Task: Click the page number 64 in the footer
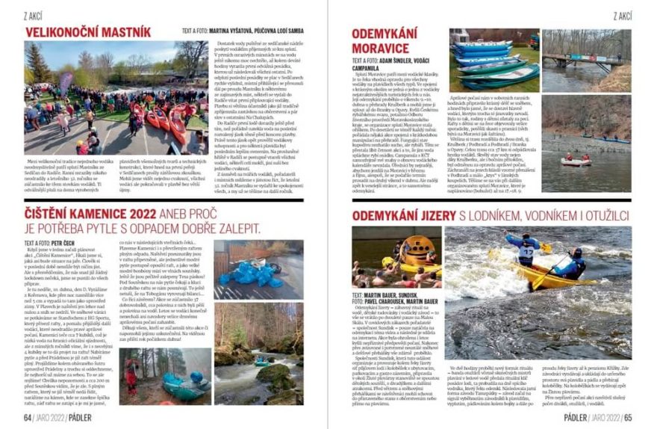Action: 28,417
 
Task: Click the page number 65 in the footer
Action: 629,417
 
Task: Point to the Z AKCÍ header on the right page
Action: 622,16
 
